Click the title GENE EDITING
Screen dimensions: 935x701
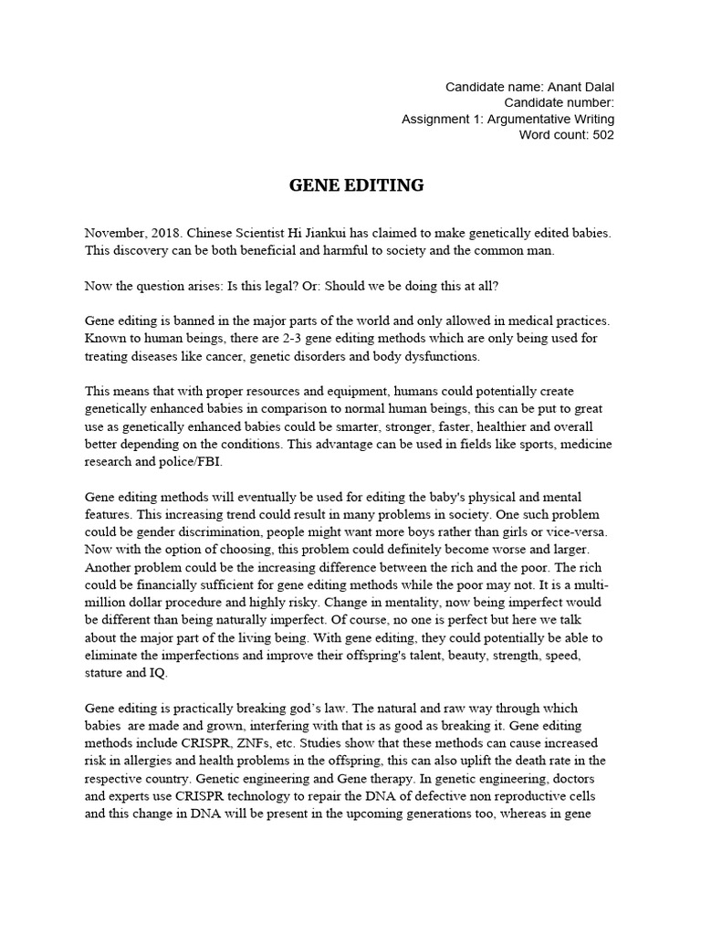point(356,185)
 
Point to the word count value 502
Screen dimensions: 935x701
point(602,135)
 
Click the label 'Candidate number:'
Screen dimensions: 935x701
point(559,103)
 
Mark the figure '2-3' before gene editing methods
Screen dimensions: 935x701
point(251,339)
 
